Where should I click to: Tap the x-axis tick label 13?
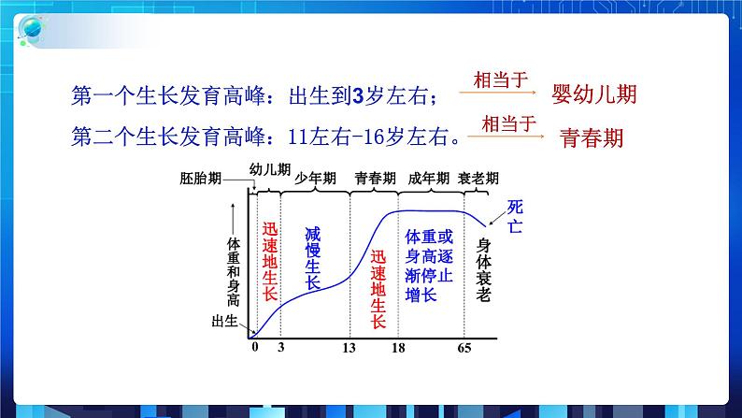350,347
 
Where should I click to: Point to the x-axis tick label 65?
464,347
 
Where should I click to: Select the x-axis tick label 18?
397,347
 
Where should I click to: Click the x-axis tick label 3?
281,347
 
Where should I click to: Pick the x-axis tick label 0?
254,347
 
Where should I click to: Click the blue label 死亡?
516,216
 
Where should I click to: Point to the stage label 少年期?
314,178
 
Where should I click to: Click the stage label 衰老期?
479,179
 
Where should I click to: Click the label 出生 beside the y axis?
227,323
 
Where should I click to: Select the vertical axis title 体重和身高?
234,270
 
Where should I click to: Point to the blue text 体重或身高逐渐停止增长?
430,267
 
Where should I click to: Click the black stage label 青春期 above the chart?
375,178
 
